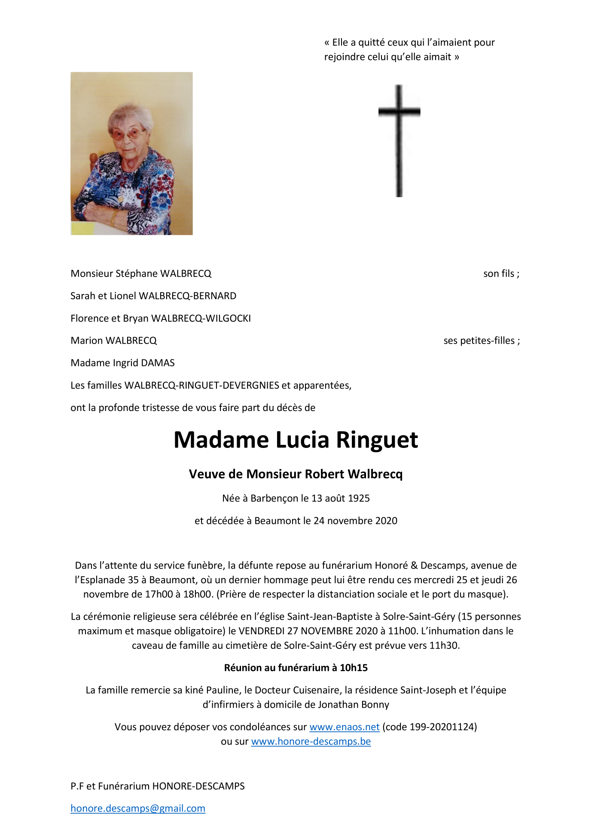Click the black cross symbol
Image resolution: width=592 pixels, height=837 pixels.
[399, 129]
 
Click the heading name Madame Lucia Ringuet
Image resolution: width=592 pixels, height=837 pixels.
[296, 440]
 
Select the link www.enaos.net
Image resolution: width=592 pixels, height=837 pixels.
[344, 727]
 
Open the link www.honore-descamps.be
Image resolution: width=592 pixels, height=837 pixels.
[311, 741]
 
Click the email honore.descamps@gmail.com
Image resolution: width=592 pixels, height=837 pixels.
[138, 808]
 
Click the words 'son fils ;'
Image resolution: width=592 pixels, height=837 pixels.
[501, 274]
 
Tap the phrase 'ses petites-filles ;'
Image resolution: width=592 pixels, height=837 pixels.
[481, 341]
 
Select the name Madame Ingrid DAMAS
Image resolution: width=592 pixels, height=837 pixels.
[122, 363]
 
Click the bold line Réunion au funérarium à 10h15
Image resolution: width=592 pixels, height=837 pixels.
[296, 667]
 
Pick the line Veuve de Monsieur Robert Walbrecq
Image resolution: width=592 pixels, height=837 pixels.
[296, 474]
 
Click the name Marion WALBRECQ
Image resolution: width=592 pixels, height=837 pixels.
[113, 341]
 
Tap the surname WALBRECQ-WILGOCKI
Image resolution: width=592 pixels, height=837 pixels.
[201, 318]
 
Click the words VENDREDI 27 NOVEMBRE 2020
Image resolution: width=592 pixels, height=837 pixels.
[308, 631]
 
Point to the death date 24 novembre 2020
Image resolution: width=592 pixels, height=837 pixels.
[355, 520]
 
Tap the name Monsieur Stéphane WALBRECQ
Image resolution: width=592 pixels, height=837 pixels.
[141, 274]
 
